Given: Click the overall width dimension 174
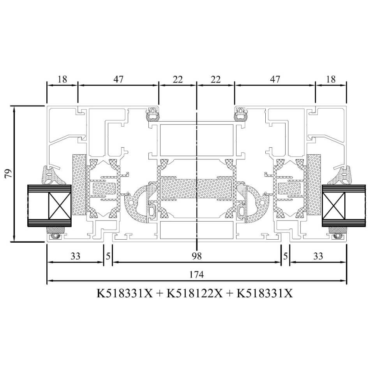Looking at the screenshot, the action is point(196,275).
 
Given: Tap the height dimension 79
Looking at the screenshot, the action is point(8,174).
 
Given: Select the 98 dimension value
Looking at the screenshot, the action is point(197,256).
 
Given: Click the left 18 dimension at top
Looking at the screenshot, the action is point(62,79).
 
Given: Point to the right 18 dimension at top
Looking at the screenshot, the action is point(331,79).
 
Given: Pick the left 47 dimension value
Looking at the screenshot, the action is point(118,79).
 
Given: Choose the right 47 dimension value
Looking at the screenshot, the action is point(275,79).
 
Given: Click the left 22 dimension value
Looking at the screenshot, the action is point(178,79).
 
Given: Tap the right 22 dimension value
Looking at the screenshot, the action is point(215,79).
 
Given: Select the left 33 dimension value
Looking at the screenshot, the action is point(75,256).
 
